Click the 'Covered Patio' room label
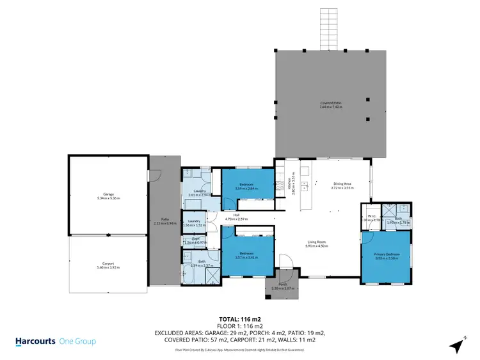pos(331,102)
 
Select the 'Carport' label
pos(108,263)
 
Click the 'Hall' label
pos(236,215)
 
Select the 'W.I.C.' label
pos(371,216)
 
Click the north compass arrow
pos(457,345)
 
